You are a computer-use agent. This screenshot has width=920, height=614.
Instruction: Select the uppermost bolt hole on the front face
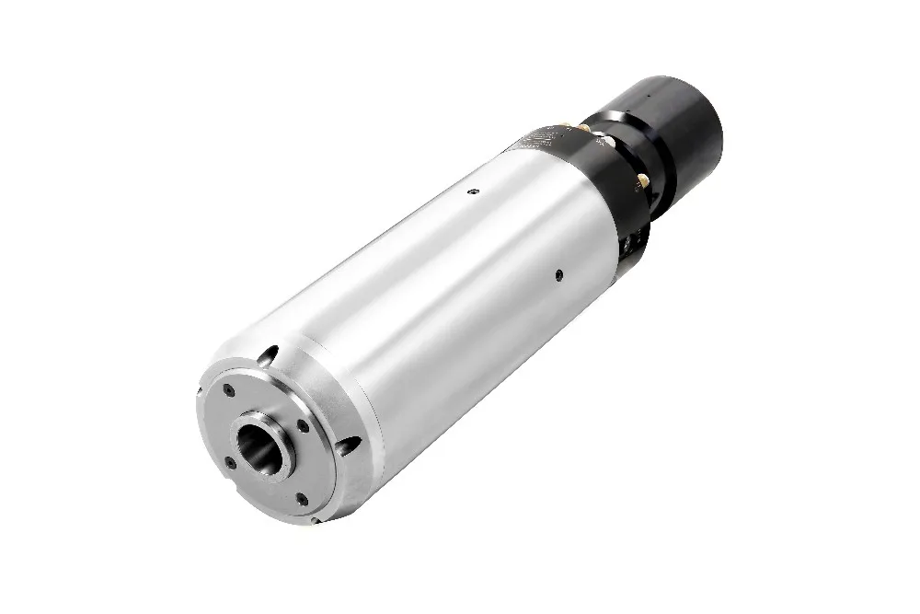coord(228,391)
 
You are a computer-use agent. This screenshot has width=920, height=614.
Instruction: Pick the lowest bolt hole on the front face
coord(301,499)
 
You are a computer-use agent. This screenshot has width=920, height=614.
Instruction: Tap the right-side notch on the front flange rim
coord(348,446)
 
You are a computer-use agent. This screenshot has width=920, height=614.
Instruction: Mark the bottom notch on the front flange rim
coord(315,520)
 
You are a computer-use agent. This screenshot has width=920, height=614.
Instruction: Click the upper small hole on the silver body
coord(472,191)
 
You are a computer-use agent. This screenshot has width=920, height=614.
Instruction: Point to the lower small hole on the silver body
coord(558,273)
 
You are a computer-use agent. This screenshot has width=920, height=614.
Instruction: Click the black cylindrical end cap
coord(681,129)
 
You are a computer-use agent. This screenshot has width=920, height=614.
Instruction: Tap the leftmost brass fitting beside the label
coord(569,126)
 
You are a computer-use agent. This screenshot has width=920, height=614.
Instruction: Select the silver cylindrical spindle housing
coord(442,295)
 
